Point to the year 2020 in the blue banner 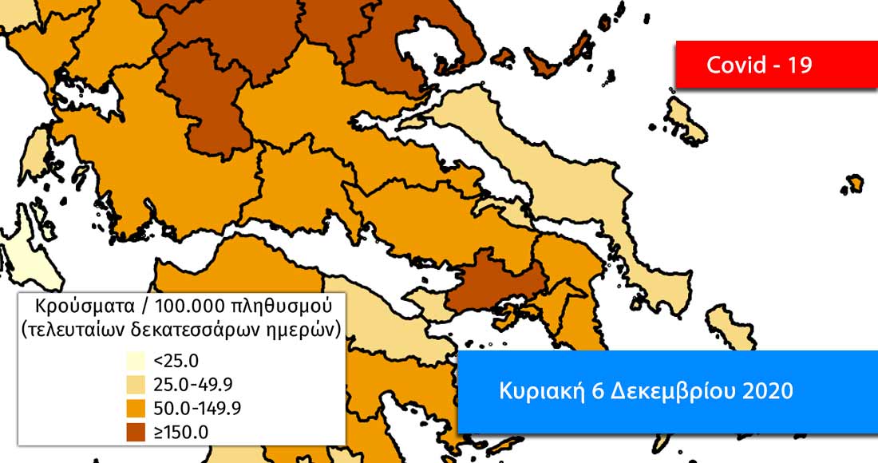pos(769,391)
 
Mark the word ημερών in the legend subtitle pos(307,328)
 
